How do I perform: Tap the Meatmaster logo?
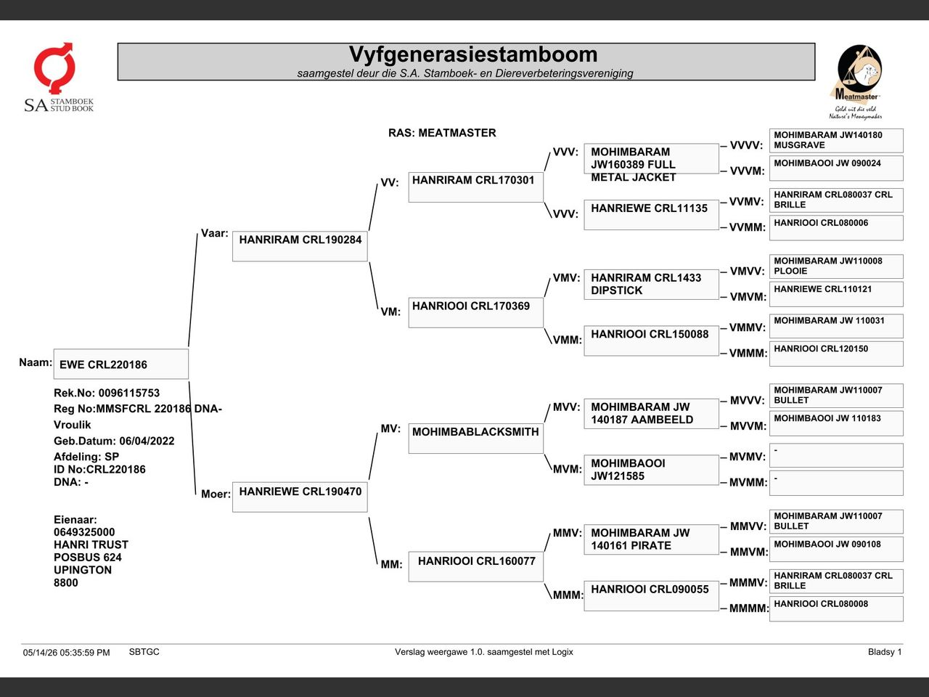coord(856,82)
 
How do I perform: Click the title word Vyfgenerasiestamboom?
coord(473,54)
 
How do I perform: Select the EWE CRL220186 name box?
coord(121,364)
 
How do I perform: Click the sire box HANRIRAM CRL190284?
coord(300,246)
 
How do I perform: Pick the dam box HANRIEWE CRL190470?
coord(300,497)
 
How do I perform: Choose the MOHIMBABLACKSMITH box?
coord(475,439)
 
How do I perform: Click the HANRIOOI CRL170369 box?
coord(475,312)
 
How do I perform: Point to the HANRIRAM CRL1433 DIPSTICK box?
coord(651,285)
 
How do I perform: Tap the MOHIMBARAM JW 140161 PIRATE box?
coord(651,539)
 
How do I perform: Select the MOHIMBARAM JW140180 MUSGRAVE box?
coord(836,141)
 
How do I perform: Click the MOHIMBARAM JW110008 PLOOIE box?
coord(836,266)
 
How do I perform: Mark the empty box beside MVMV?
coord(836,455)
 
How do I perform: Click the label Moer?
coord(216,494)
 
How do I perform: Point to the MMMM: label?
coord(749,608)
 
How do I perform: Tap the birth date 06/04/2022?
coord(147,441)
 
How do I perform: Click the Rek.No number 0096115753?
coord(129,393)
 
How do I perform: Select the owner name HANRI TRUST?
coord(91,545)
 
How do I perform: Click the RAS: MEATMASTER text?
coord(442,133)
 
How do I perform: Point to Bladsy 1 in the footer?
coord(885,652)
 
